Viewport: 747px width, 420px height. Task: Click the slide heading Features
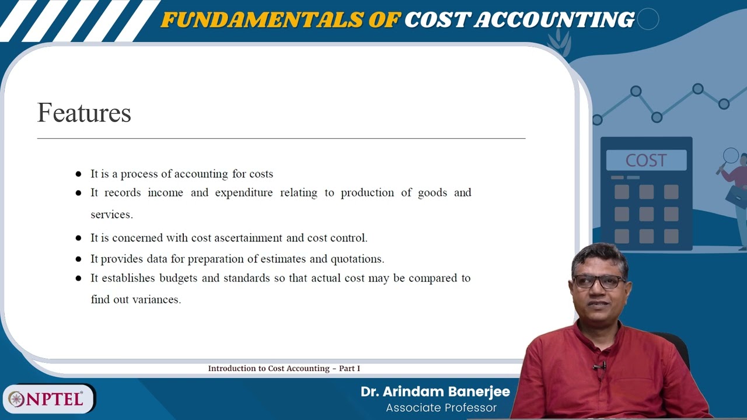(x=84, y=113)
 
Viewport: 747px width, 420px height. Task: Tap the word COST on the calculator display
(x=645, y=160)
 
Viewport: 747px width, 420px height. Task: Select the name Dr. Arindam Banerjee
(x=435, y=391)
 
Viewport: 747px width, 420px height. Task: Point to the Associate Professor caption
(x=441, y=408)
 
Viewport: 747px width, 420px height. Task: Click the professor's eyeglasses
(x=599, y=282)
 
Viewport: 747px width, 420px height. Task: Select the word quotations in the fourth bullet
(x=357, y=259)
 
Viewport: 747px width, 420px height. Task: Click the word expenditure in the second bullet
(x=243, y=192)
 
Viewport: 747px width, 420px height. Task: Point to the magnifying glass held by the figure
(x=731, y=156)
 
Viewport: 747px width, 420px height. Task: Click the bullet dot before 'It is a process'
(x=78, y=174)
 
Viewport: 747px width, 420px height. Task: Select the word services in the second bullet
(x=111, y=215)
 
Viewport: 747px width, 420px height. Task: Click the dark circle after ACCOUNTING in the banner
(x=648, y=19)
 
